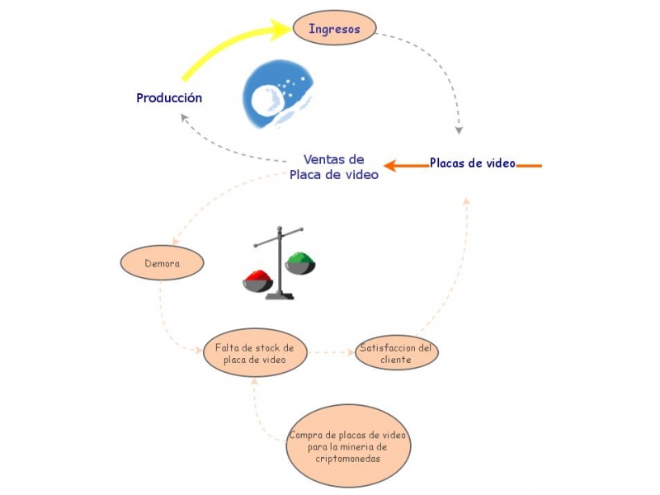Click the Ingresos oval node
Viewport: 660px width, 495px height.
point(334,29)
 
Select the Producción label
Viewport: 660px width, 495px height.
point(169,97)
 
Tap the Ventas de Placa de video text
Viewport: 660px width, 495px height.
point(333,167)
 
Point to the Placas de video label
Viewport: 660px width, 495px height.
point(472,163)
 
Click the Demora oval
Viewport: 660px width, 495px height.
point(162,264)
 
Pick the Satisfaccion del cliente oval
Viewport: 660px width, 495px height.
point(396,354)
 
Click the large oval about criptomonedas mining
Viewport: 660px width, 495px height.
point(348,446)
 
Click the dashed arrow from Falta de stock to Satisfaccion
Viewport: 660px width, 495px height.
point(331,352)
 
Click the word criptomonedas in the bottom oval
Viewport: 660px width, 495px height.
point(348,460)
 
